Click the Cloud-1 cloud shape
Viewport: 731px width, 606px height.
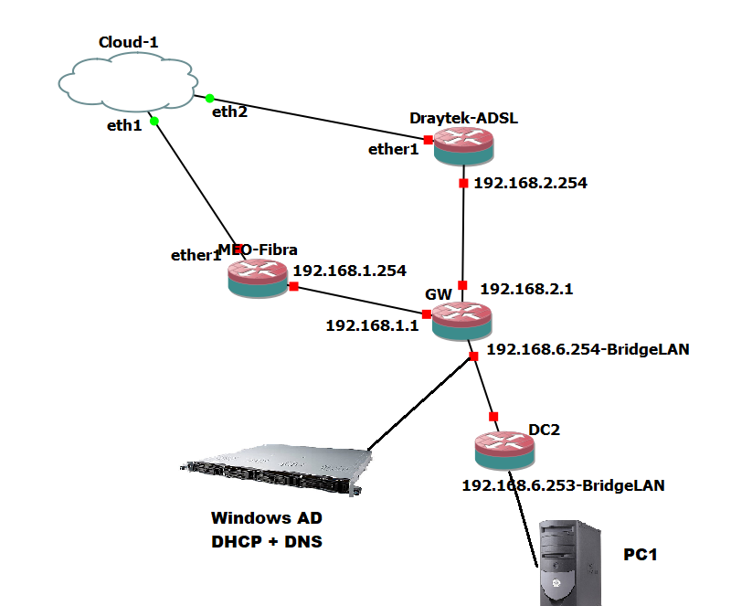pyautogui.click(x=127, y=82)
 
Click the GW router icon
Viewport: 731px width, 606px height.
pyautogui.click(x=461, y=321)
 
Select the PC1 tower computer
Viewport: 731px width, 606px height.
pyautogui.click(x=568, y=562)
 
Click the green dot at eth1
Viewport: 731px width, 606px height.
pyautogui.click(x=154, y=121)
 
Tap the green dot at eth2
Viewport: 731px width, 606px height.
pyautogui.click(x=209, y=98)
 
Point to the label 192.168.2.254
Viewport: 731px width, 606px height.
pyautogui.click(x=530, y=183)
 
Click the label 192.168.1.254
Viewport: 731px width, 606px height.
pyautogui.click(x=349, y=271)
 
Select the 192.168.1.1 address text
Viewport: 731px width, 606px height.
pyautogui.click(x=371, y=325)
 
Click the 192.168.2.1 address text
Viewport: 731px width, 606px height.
pyautogui.click(x=524, y=288)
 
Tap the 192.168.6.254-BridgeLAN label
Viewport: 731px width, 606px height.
pyautogui.click(x=588, y=348)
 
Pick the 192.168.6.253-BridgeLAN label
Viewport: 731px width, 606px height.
pyautogui.click(x=563, y=486)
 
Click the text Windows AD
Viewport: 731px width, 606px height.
pyautogui.click(x=266, y=518)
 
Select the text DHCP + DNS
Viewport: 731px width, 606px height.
pyautogui.click(x=267, y=541)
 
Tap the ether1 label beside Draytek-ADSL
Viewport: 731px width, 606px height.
pyautogui.click(x=393, y=148)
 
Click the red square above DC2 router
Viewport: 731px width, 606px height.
pyautogui.click(x=493, y=416)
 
